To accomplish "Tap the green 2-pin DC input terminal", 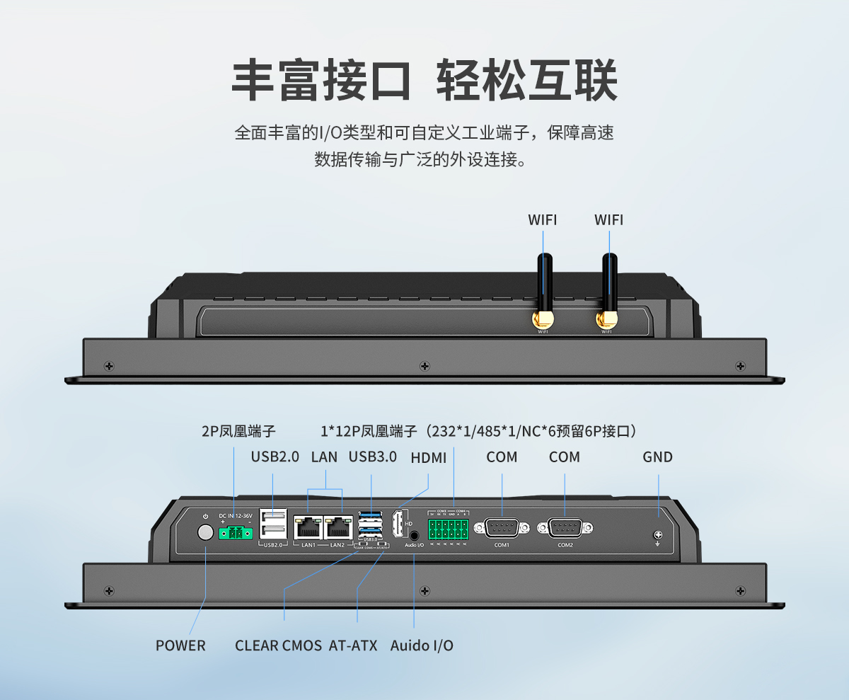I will click(236, 533).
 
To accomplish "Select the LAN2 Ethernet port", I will click(338, 527).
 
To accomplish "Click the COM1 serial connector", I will click(502, 528).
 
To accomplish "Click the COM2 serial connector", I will click(565, 528).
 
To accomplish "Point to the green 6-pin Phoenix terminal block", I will click(448, 529).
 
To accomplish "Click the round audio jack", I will click(414, 536).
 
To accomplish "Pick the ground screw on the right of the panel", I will click(657, 535).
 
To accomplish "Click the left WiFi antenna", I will click(543, 290).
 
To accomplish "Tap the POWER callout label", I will click(180, 646).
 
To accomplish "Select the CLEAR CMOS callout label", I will click(278, 646).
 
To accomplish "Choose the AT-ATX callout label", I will click(353, 646).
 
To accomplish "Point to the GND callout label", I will click(657, 457).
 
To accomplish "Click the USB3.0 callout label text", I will click(372, 457).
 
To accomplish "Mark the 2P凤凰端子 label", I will click(238, 431).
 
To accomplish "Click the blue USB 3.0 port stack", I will click(371, 524).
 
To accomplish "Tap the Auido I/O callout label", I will click(422, 646).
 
